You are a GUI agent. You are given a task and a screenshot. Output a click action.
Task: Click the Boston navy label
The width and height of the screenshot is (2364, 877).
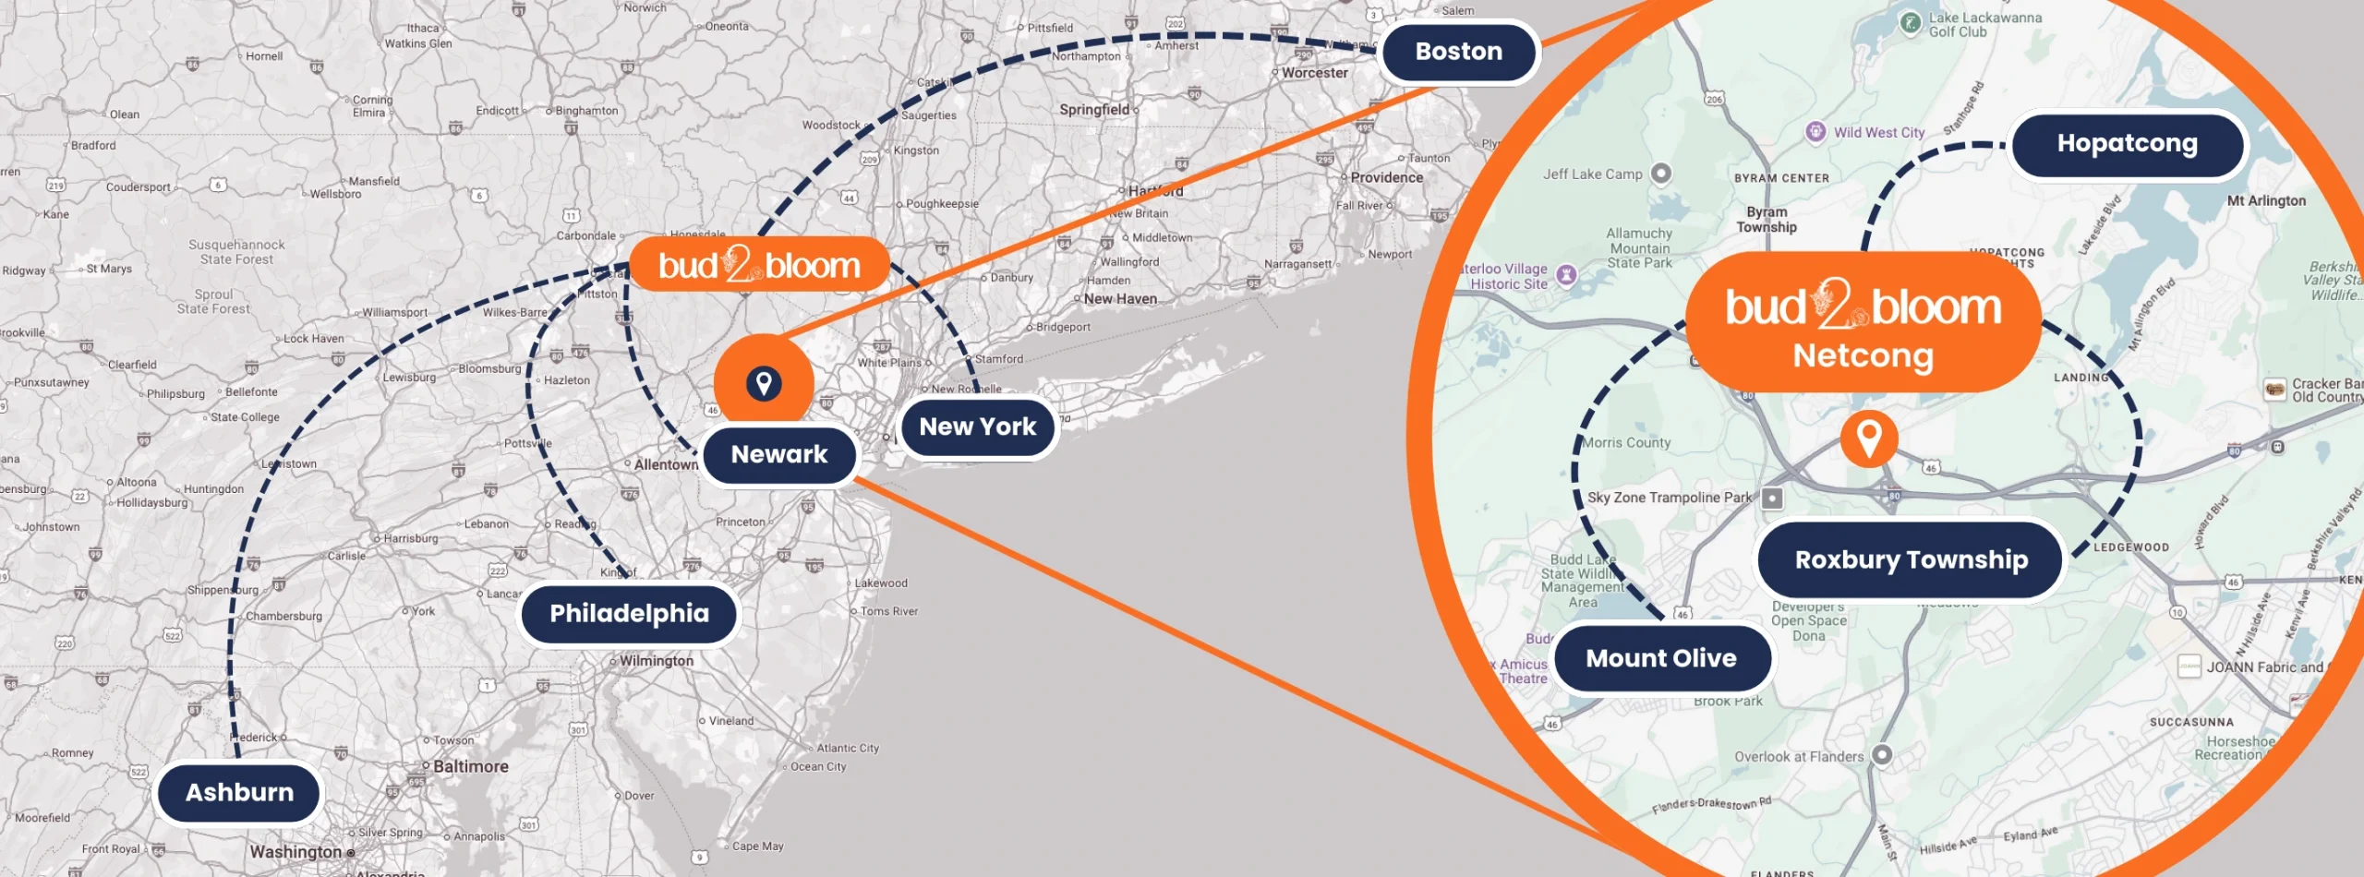pos(1458,52)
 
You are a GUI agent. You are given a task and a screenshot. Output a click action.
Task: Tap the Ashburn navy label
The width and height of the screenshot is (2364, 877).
pos(239,792)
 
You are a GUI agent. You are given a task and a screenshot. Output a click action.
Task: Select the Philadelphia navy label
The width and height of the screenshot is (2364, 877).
pos(629,614)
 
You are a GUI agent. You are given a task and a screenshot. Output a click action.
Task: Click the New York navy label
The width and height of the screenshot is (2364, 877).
pos(978,426)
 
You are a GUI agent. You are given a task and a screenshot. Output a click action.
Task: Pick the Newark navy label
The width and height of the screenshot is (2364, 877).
pos(779,454)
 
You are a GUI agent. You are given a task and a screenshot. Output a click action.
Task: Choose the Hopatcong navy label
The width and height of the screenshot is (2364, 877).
pos(2127,144)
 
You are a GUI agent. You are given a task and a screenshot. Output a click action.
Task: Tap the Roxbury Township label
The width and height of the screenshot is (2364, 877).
pos(1911,559)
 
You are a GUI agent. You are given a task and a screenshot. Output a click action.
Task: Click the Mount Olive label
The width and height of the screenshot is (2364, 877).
pos(1661,658)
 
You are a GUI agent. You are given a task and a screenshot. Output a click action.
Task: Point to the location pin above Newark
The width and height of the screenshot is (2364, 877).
pos(764,382)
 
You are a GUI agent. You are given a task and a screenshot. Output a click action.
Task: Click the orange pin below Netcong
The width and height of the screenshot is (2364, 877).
pos(1869,438)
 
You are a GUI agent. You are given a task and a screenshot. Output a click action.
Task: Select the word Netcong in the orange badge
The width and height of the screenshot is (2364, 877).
pos(1863,355)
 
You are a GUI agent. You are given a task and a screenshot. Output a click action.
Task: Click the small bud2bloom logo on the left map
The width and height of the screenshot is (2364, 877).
pos(759,266)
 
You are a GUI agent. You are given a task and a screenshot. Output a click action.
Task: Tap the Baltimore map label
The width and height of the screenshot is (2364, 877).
pos(471,766)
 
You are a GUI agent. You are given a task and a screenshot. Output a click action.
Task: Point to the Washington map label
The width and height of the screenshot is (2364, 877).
pos(295,851)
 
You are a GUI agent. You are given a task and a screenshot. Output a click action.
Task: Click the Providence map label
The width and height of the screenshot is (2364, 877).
pos(1386,177)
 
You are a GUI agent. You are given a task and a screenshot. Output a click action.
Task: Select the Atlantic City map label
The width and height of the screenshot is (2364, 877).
pos(848,748)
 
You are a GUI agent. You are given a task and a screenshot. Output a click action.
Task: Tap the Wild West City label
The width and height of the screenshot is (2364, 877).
pos(1878,133)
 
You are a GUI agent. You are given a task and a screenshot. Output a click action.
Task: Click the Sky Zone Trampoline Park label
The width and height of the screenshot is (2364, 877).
pos(1670,498)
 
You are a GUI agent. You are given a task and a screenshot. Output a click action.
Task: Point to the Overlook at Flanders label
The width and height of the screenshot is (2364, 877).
pos(1799,757)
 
